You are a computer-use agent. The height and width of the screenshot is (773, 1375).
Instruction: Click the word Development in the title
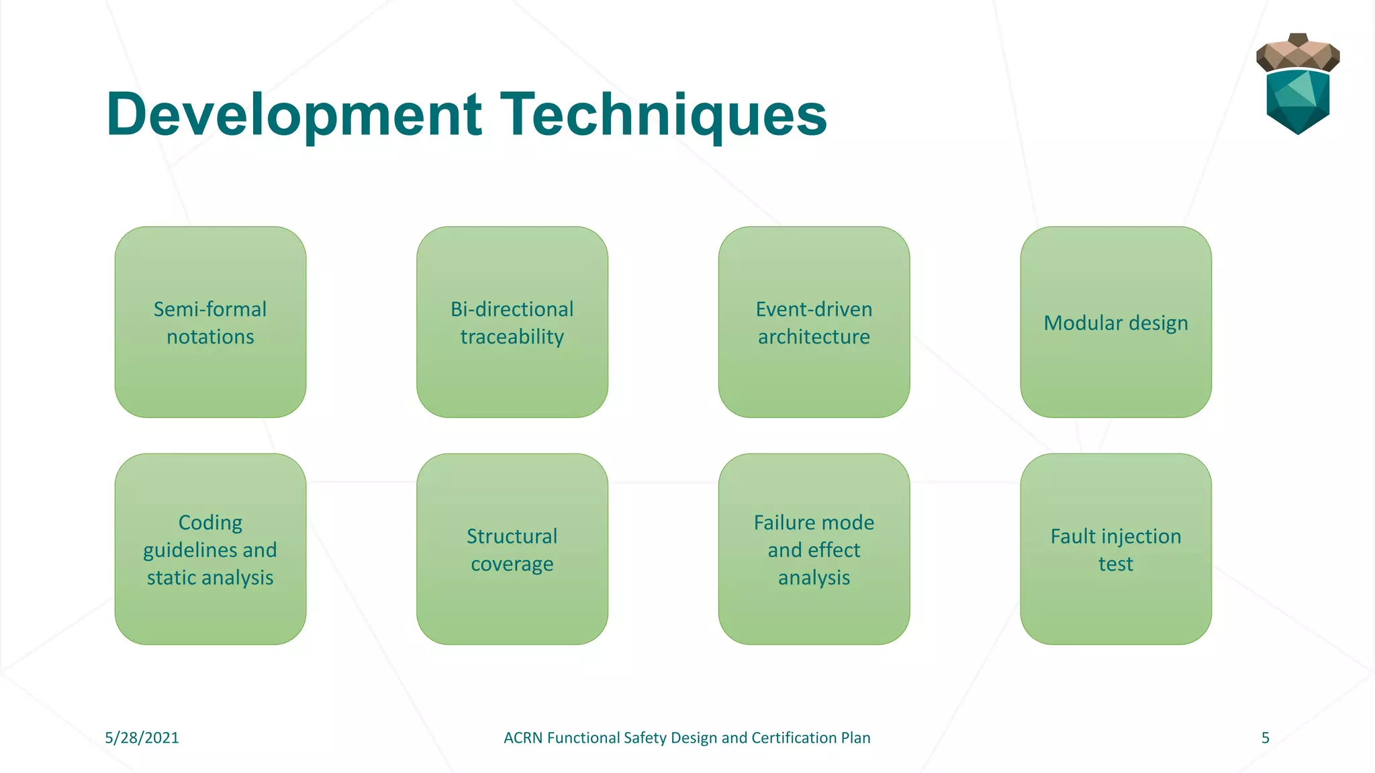point(294,115)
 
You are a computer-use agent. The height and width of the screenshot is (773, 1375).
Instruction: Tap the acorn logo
point(1297,86)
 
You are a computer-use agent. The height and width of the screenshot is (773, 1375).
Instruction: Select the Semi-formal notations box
point(210,322)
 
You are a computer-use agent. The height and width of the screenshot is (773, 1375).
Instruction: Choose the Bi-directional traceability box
point(512,322)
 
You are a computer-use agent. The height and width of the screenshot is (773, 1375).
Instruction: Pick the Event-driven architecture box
point(814,322)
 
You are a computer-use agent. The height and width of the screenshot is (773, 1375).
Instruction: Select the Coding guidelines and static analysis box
point(210,549)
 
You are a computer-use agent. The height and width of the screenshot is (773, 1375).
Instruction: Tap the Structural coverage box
point(512,549)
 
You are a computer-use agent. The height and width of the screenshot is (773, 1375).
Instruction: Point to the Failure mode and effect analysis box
point(814,549)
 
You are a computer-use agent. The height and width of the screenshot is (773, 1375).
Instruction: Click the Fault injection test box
point(1116,549)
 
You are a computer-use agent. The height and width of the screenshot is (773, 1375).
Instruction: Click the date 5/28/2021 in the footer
point(142,738)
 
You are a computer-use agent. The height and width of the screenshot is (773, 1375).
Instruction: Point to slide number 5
point(1265,738)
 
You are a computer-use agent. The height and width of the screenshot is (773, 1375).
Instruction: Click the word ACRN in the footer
point(523,738)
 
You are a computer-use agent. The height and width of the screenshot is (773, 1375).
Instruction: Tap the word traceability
point(512,337)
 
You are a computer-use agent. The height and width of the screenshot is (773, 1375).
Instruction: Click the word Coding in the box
point(210,523)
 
